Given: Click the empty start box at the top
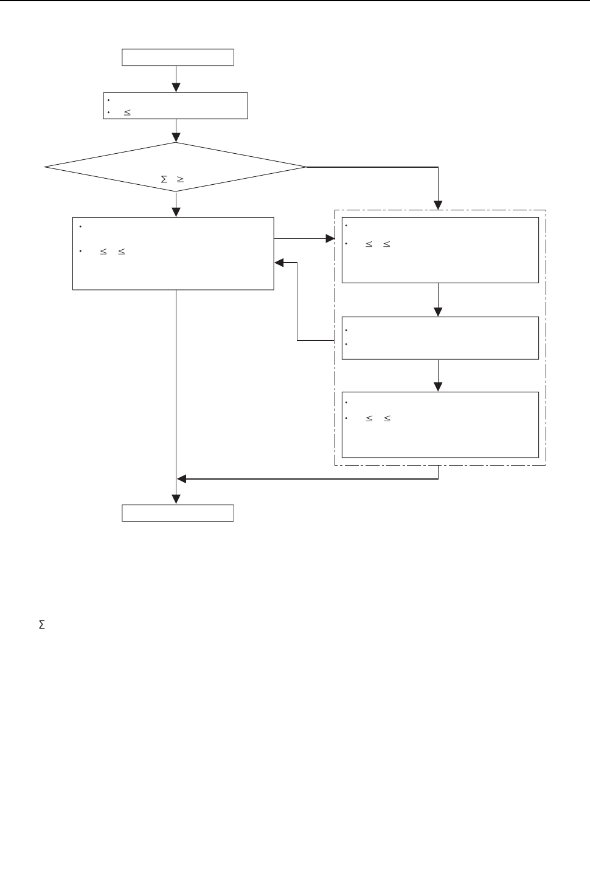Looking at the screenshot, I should click(x=178, y=57).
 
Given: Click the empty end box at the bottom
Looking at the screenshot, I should click(x=178, y=513).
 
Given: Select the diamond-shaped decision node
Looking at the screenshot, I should click(x=176, y=167).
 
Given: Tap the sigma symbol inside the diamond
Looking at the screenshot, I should click(x=164, y=179).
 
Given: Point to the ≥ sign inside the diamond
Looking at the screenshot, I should click(x=180, y=179).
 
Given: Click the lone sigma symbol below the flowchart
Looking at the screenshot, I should click(x=42, y=625).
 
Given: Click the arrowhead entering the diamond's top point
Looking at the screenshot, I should click(x=176, y=137).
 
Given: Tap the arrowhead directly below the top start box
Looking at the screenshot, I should click(x=176, y=88).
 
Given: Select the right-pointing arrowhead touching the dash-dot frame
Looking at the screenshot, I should click(x=330, y=240).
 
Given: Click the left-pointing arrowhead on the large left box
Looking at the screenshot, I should click(x=280, y=263).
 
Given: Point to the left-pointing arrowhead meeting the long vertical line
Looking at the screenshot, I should click(x=182, y=479).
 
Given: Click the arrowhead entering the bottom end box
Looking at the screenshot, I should click(x=176, y=499).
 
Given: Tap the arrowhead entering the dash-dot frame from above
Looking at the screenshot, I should click(x=438, y=205).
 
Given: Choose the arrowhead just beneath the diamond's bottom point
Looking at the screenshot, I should click(x=176, y=212).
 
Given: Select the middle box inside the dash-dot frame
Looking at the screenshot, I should click(x=440, y=338).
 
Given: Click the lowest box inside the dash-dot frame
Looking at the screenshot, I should click(x=440, y=424).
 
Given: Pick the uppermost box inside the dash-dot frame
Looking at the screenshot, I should click(x=440, y=250).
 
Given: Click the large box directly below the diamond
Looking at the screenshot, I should click(x=173, y=253).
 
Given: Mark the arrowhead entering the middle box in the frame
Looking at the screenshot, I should click(x=438, y=311).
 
